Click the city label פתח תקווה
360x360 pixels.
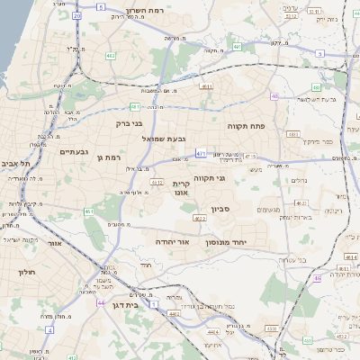[246, 126]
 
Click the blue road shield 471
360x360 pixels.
[201, 153]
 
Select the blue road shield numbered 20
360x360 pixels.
[77, 16]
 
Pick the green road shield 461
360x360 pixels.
[89, 211]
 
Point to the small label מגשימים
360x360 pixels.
[268, 210]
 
